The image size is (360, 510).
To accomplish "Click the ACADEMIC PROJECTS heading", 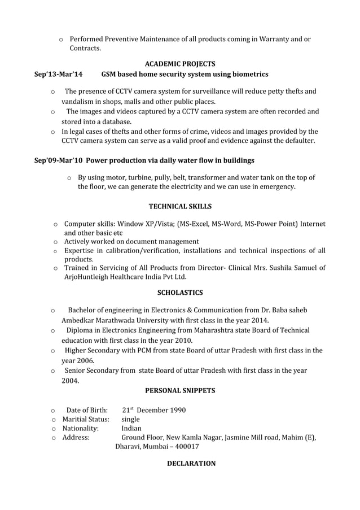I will [180, 63].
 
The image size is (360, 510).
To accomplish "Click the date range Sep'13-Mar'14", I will [58, 75].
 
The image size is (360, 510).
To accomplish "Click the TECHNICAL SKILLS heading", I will [180, 206].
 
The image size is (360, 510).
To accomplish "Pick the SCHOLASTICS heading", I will [180, 293].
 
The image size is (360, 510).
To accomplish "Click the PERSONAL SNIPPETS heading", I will [180, 390].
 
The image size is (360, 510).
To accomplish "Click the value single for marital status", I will [131, 420].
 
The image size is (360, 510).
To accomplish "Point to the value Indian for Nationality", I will [132, 429].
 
